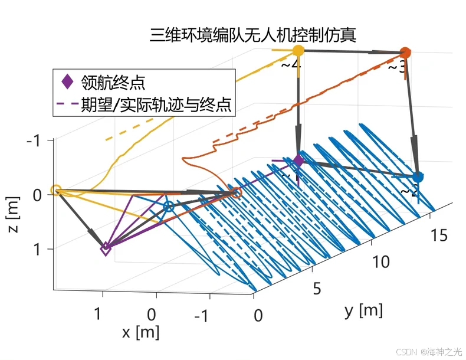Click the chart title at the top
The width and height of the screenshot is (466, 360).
(253, 35)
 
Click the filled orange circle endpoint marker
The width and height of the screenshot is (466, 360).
(405, 53)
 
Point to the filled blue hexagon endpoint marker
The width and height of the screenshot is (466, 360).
(418, 176)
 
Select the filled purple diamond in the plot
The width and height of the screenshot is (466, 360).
(298, 161)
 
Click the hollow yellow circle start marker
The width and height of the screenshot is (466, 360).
(56, 190)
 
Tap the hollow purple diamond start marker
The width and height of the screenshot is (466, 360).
(106, 249)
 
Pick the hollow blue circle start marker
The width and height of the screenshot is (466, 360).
(169, 207)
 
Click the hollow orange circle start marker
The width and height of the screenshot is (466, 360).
(237, 192)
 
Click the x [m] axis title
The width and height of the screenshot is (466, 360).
(141, 332)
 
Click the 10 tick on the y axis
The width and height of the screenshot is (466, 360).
(381, 261)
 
